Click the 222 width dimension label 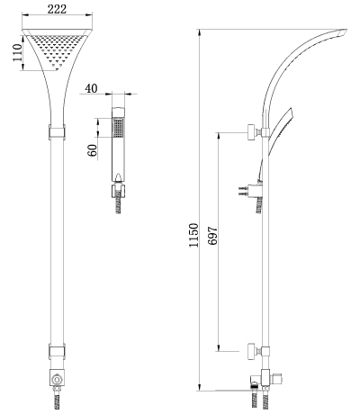pos(57,9)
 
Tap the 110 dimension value pos(18,53)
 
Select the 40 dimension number pos(91,89)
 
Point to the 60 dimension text pos(93,150)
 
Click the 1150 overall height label pos(193,235)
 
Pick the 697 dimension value pos(212,236)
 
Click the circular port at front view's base pos(57,380)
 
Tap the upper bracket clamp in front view pos(57,132)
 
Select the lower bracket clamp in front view pos(57,352)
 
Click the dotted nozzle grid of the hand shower pos(118,128)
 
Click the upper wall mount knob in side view pos(251,132)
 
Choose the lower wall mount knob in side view pos(251,351)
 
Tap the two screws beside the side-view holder pos(243,191)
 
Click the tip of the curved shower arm pos(346,30)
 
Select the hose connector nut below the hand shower pos(118,191)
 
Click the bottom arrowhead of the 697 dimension pos(219,347)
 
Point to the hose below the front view pos(57,400)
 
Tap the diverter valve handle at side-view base pos(279,379)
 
